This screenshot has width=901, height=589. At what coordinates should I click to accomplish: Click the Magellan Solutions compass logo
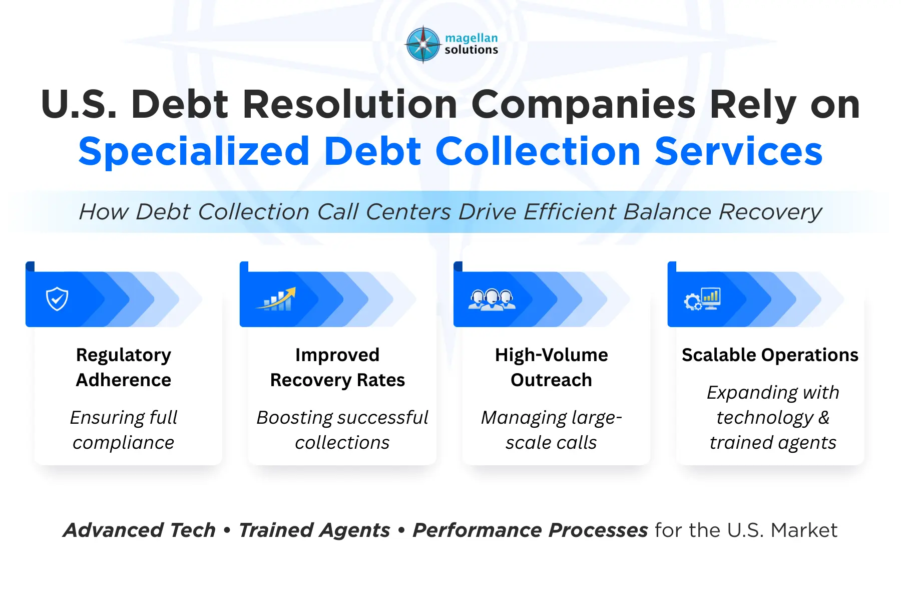(x=423, y=44)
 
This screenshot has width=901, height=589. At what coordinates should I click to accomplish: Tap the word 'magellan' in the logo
(x=471, y=38)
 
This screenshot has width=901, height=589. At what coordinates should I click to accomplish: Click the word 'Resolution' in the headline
(x=350, y=105)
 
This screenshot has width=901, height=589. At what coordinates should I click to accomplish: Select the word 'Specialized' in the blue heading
(x=194, y=151)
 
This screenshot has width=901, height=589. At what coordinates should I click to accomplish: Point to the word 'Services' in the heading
(x=738, y=151)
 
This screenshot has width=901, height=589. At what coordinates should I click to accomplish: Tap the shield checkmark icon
(x=57, y=299)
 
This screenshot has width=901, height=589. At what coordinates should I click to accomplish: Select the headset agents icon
(x=492, y=300)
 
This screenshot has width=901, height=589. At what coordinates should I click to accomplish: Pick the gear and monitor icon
(x=702, y=299)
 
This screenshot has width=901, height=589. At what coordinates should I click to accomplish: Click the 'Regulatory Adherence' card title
(x=124, y=367)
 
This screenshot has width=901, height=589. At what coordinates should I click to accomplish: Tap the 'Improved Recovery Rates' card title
(x=337, y=367)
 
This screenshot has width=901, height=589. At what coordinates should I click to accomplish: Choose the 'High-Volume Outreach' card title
(x=551, y=367)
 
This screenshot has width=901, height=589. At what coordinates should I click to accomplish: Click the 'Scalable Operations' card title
(x=770, y=355)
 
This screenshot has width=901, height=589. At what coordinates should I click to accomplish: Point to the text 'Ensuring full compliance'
(x=124, y=430)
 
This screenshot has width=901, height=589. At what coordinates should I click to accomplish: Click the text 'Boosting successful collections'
(x=342, y=430)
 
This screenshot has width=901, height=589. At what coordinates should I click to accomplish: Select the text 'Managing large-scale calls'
(x=551, y=430)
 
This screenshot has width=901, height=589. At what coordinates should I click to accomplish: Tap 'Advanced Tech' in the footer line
(x=139, y=530)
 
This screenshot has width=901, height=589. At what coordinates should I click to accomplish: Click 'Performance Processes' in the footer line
(x=530, y=530)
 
